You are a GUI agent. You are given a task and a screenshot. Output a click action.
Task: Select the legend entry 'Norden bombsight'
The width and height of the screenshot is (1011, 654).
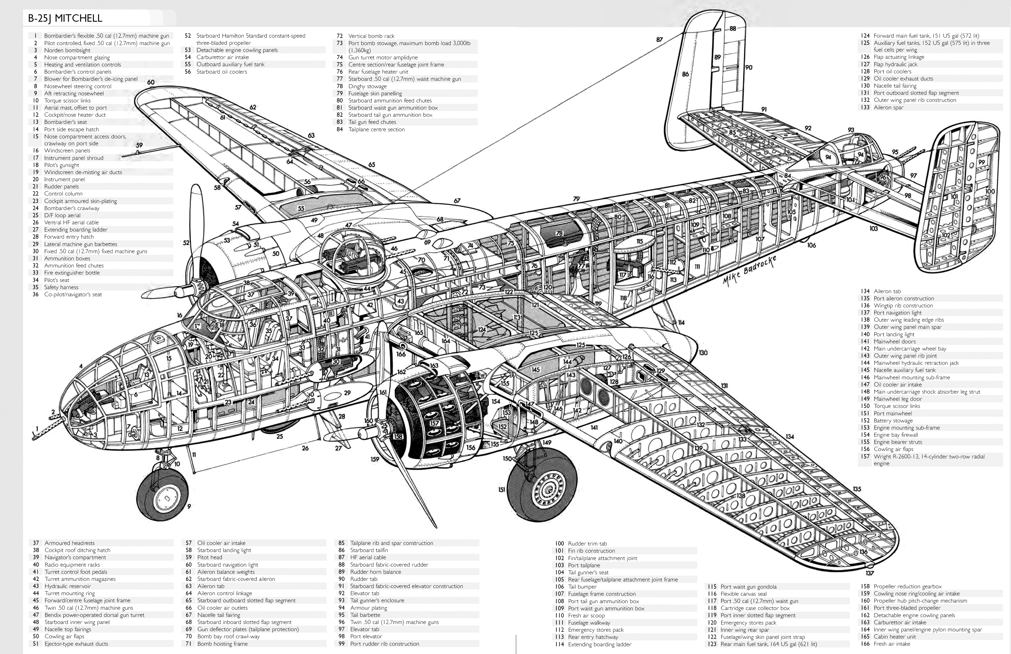click(x=67, y=50)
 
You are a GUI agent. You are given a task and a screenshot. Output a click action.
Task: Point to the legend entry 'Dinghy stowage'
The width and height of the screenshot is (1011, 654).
click(x=367, y=86)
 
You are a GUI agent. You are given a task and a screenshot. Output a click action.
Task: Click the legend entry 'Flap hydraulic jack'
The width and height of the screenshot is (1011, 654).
click(x=895, y=64)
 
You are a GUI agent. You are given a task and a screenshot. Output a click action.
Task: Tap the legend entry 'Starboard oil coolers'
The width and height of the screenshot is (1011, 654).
click(x=222, y=71)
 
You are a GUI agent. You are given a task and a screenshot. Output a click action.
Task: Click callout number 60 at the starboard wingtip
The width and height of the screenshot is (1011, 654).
click(x=151, y=82)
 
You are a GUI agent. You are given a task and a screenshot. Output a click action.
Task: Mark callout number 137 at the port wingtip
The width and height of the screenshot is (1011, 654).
click(x=870, y=573)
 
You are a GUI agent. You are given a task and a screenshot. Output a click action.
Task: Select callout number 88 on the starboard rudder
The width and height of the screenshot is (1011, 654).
click(x=733, y=29)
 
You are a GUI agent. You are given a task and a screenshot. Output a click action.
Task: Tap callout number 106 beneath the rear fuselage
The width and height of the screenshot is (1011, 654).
click(x=811, y=245)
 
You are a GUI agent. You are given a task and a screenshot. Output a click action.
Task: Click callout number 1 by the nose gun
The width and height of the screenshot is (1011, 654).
click(x=37, y=428)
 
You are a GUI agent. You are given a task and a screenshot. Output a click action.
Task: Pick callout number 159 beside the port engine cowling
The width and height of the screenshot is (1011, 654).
click(x=375, y=459)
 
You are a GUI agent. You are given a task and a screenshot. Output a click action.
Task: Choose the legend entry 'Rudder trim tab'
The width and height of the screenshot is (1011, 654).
click(x=587, y=544)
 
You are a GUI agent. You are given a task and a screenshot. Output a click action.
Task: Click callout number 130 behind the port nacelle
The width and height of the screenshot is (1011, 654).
click(x=703, y=353)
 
